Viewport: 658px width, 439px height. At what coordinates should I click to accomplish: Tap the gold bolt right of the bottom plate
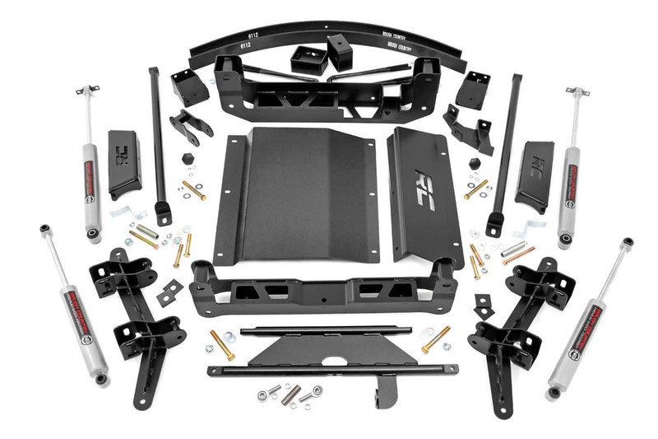(x=436, y=339)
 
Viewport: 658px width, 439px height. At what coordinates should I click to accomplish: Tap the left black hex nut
(x=186, y=156)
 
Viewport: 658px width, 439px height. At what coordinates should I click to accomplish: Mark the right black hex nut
(x=475, y=162)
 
